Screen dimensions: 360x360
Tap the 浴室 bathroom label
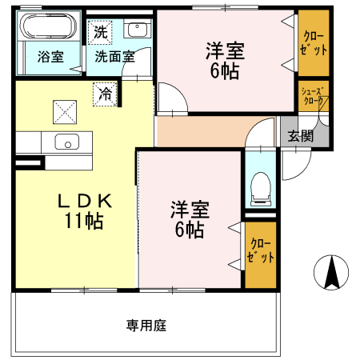(50, 57)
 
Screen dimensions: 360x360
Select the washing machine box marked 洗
(100, 32)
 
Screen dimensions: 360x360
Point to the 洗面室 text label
(114, 57)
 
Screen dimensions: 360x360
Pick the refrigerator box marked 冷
(106, 93)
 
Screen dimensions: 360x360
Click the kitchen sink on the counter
(66, 144)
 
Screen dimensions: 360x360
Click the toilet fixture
(259, 188)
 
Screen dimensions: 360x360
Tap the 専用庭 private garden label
(146, 326)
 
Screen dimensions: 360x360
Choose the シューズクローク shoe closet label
(311, 97)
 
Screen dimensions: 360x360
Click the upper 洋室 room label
(226, 50)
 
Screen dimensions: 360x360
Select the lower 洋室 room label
(189, 211)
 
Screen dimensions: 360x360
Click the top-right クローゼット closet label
(313, 41)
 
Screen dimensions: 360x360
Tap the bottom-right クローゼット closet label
(261, 252)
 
